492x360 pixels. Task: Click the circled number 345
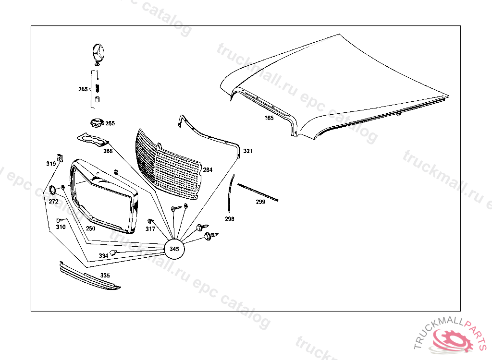pyautogui.click(x=174, y=249)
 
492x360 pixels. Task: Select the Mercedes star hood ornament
pyautogui.click(x=99, y=53)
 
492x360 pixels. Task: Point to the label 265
pyautogui.click(x=83, y=89)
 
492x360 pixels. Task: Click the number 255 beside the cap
pyautogui.click(x=110, y=123)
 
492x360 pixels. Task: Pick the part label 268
pyautogui.click(x=108, y=151)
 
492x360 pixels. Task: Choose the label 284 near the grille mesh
pyautogui.click(x=207, y=170)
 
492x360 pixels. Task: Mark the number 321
pyautogui.click(x=247, y=151)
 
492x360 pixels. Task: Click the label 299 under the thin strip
pyautogui.click(x=260, y=202)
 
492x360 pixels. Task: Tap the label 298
pyautogui.click(x=230, y=219)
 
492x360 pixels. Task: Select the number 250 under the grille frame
pyautogui.click(x=90, y=228)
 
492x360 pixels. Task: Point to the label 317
pyautogui.click(x=150, y=229)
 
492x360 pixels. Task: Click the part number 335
pyautogui.click(x=105, y=276)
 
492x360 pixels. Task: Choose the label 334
pyautogui.click(x=103, y=256)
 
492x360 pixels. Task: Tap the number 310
pyautogui.click(x=61, y=227)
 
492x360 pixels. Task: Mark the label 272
pyautogui.click(x=53, y=202)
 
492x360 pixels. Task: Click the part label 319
pyautogui.click(x=51, y=164)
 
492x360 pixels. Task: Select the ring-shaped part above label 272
pyautogui.click(x=54, y=191)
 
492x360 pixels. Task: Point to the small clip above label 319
pyautogui.click(x=60, y=156)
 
